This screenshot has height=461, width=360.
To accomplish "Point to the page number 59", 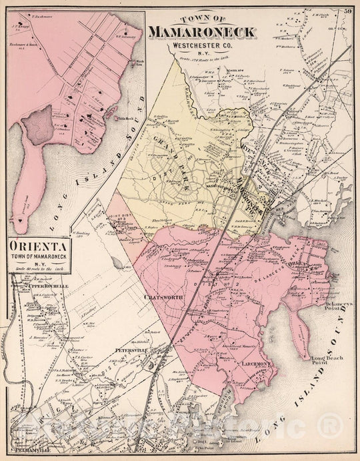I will pos(349,9).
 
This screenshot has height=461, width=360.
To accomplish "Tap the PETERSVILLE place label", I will pos(131,348).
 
